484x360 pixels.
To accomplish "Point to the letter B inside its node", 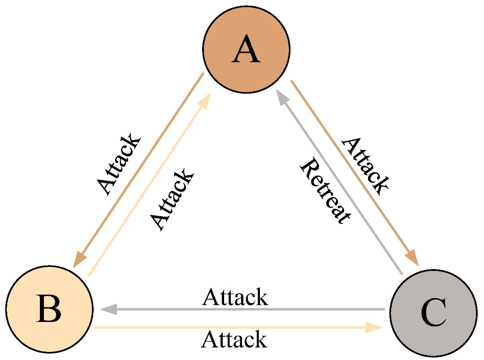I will (49, 310).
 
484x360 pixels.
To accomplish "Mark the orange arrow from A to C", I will (354, 170).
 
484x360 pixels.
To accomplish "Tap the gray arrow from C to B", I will (242, 309).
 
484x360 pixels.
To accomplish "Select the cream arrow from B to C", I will (238, 328).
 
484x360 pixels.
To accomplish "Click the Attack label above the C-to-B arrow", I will (235, 297).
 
